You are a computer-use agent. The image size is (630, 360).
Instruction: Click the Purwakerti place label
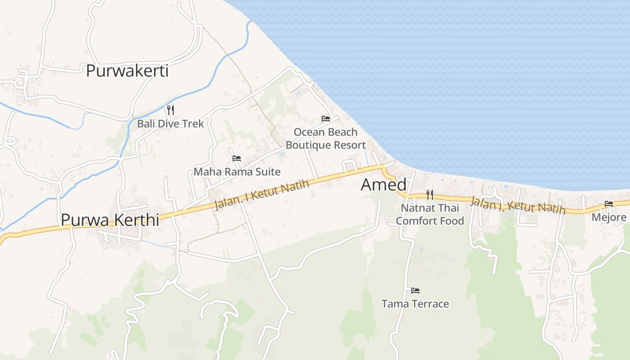pyautogui.click(x=127, y=71)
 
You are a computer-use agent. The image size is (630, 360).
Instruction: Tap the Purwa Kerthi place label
pyautogui.click(x=110, y=220)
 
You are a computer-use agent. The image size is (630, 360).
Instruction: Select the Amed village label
pyautogui.click(x=383, y=184)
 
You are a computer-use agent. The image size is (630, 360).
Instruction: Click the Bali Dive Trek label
pyautogui.click(x=171, y=123)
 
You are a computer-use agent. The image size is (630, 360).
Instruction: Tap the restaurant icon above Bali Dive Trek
pyautogui.click(x=170, y=110)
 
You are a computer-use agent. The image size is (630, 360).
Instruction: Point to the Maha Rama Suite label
pyautogui.click(x=237, y=171)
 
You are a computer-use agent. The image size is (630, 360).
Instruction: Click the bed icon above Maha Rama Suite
pyautogui.click(x=237, y=158)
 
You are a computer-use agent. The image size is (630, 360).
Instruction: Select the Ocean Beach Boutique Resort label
pyautogui.click(x=326, y=139)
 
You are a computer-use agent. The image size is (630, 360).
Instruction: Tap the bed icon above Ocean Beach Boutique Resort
pyautogui.click(x=326, y=119)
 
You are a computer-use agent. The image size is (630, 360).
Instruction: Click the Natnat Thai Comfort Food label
pyautogui.click(x=430, y=214)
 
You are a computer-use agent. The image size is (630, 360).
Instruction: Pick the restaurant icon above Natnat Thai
pyautogui.click(x=430, y=194)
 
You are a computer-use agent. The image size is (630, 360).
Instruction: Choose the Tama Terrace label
pyautogui.click(x=415, y=304)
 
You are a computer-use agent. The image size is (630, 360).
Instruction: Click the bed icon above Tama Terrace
pyautogui.click(x=415, y=291)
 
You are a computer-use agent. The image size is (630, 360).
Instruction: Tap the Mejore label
pyautogui.click(x=609, y=217)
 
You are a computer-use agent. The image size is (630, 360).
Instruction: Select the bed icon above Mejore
pyautogui.click(x=609, y=204)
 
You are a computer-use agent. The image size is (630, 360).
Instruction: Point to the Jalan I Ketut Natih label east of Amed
pyautogui.click(x=517, y=205)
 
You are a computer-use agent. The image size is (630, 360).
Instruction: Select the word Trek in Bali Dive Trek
pyautogui.click(x=193, y=123)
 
